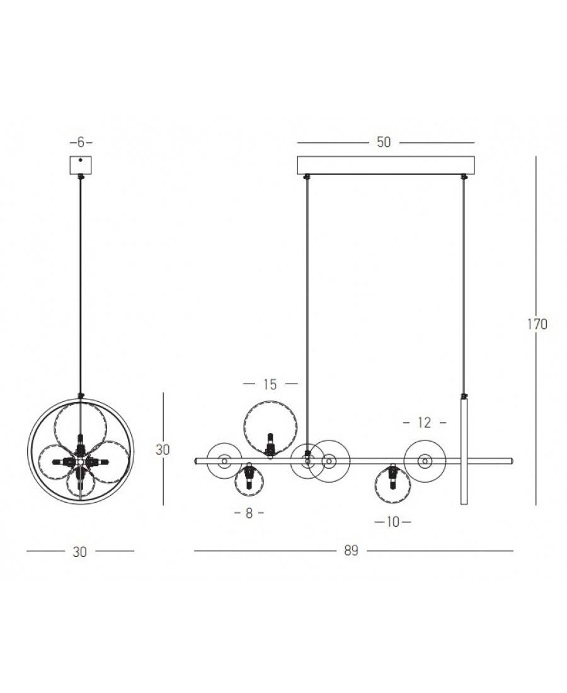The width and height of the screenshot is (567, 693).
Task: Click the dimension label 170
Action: pos(537,324)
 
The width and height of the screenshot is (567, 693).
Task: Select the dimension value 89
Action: pos(351,551)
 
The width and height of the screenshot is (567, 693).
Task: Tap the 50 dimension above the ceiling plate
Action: pos(384,142)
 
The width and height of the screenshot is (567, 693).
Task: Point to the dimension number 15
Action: pos(270,384)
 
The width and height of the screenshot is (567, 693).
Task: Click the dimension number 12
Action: pos(424,423)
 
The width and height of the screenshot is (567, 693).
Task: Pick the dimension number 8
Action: pos(249,513)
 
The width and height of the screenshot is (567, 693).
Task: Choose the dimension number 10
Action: pos(392,522)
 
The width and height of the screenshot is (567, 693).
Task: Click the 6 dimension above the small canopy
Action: pos(81,142)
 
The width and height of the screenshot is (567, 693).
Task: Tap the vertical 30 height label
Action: pos(163,449)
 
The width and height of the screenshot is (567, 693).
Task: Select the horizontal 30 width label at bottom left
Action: pos(79,552)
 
